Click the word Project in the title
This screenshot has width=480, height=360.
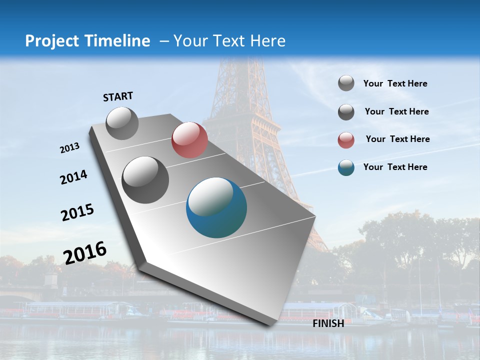(52, 41)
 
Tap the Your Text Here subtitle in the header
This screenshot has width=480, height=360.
(229, 41)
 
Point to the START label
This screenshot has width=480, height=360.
(118, 96)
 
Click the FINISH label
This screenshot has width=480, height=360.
(328, 323)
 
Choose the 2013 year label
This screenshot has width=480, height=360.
(70, 148)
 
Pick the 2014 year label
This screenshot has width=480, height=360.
(73, 177)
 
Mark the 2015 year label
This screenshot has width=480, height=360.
(77, 212)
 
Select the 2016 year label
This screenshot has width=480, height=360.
(85, 253)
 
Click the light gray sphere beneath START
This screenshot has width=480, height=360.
(122, 123)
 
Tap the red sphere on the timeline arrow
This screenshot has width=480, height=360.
(189, 140)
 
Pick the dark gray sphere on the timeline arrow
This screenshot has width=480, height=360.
(145, 180)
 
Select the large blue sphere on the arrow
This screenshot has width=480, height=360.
(216, 207)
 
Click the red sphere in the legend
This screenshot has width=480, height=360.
(346, 140)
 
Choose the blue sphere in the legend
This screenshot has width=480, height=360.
(346, 167)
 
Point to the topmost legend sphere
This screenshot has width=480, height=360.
(346, 83)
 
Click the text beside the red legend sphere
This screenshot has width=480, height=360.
(397, 139)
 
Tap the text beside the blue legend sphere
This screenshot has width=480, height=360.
(395, 167)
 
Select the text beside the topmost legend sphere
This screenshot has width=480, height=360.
(395, 83)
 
